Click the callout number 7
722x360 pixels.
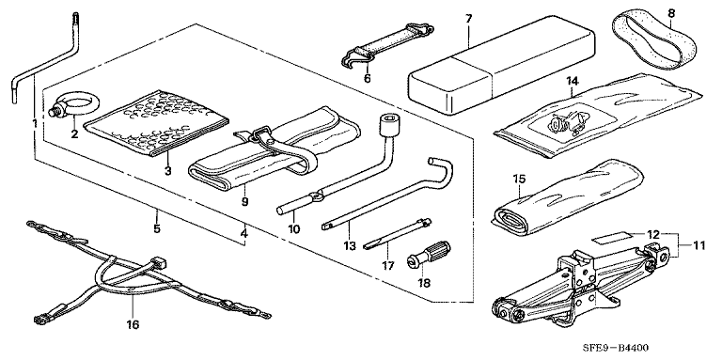click(468, 20)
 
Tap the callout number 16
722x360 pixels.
click(133, 325)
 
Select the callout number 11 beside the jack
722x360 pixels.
click(699, 246)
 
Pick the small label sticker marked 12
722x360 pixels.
click(611, 238)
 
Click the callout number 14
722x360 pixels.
click(572, 81)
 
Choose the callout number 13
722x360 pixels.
click(350, 246)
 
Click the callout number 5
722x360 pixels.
click(157, 228)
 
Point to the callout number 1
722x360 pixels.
click(35, 123)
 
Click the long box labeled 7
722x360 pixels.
click(501, 66)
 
